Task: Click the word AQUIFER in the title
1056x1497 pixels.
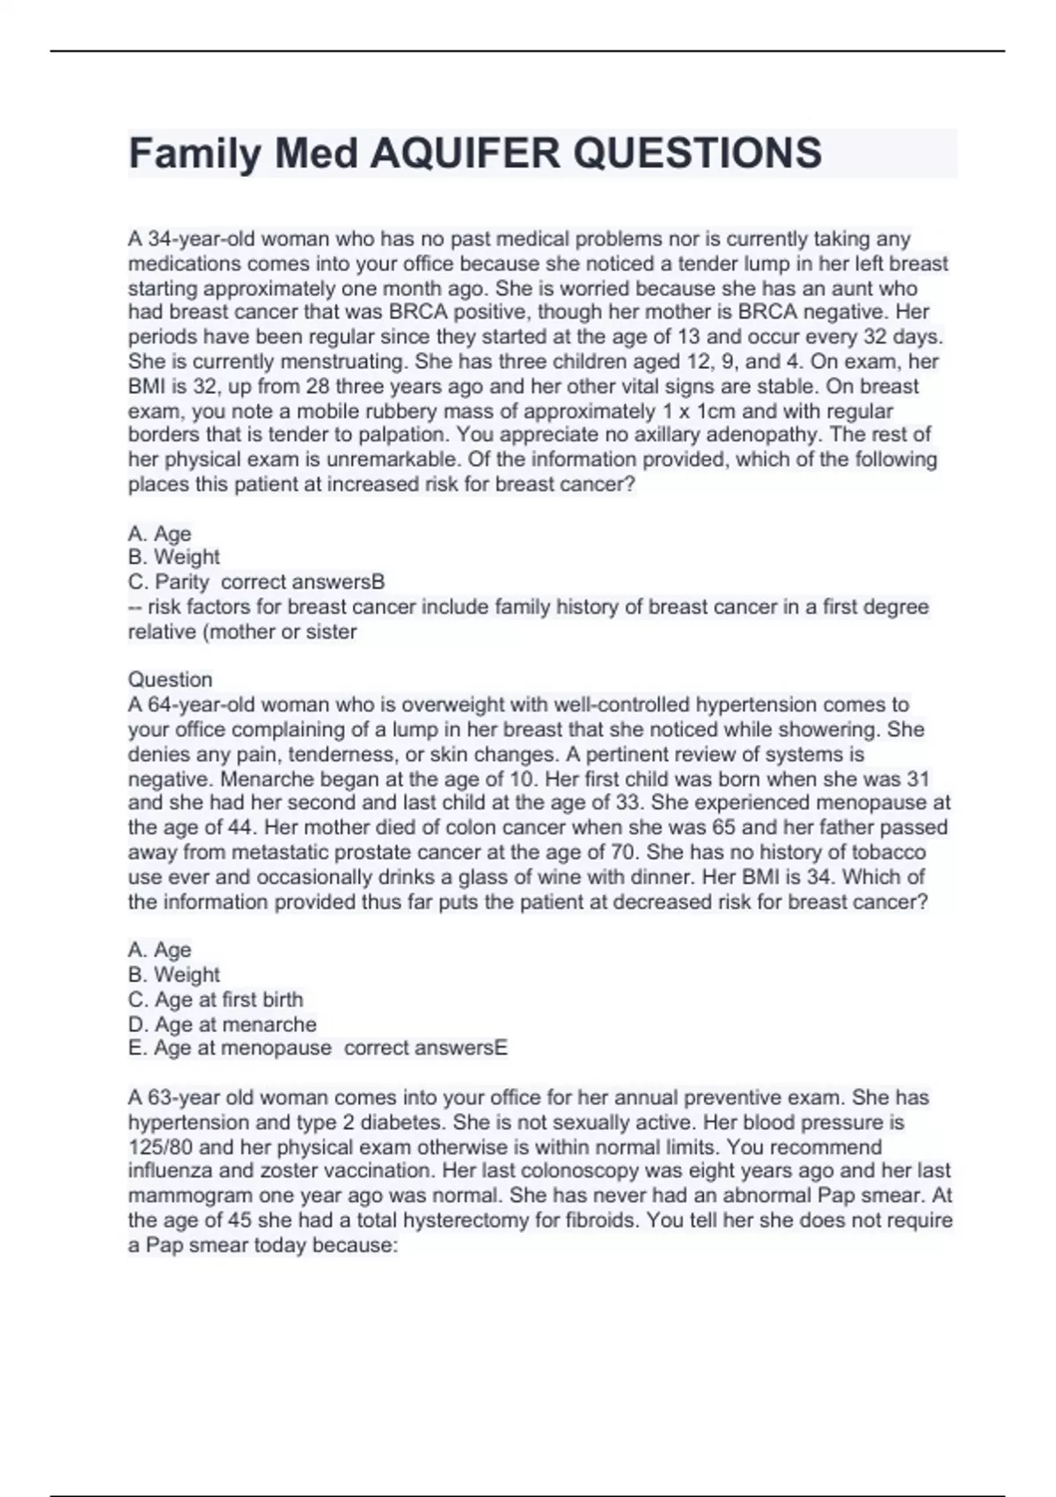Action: tap(466, 153)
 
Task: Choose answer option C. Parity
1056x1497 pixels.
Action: tap(169, 582)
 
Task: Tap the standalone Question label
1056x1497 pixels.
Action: tap(171, 679)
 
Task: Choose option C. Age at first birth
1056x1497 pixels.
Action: tap(216, 999)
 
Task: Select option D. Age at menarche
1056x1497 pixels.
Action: tap(222, 1024)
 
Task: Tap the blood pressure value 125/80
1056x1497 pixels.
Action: tap(160, 1147)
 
